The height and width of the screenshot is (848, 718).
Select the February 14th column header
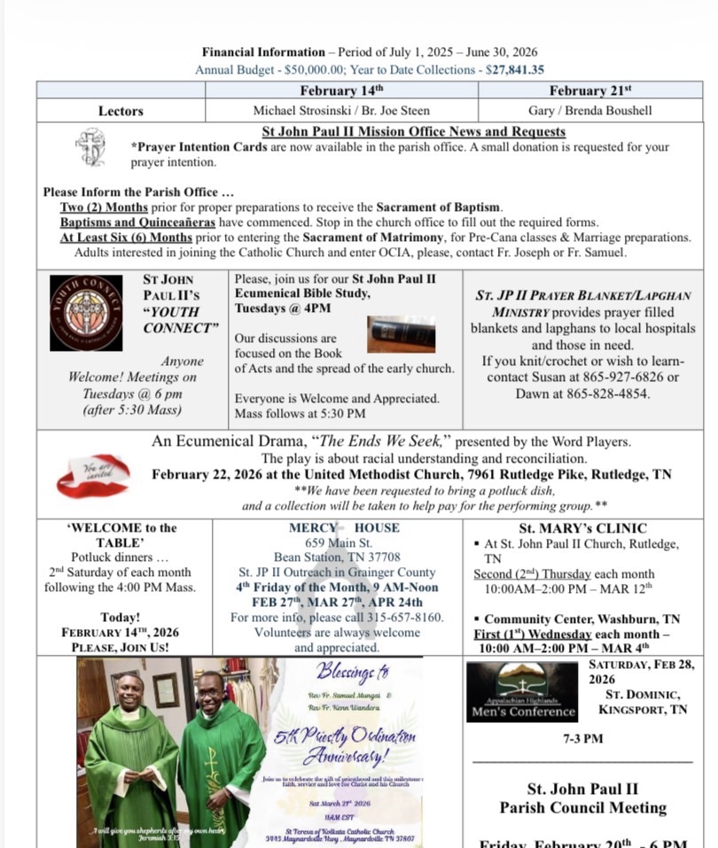[x=341, y=90]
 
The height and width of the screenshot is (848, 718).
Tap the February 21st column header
[x=590, y=90]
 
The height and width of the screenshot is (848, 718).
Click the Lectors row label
[x=121, y=111]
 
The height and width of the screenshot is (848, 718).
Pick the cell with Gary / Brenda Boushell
[x=590, y=111]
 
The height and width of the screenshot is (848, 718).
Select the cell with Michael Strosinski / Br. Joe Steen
[x=341, y=111]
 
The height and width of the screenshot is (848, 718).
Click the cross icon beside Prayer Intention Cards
[x=91, y=147]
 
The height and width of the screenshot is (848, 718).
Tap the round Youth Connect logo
[x=86, y=313]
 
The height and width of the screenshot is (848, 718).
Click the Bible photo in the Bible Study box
[x=402, y=334]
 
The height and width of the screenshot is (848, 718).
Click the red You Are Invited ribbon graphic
[x=93, y=475]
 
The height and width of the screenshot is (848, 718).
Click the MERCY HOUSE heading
[x=343, y=528]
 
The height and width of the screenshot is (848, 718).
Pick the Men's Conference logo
[x=522, y=692]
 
